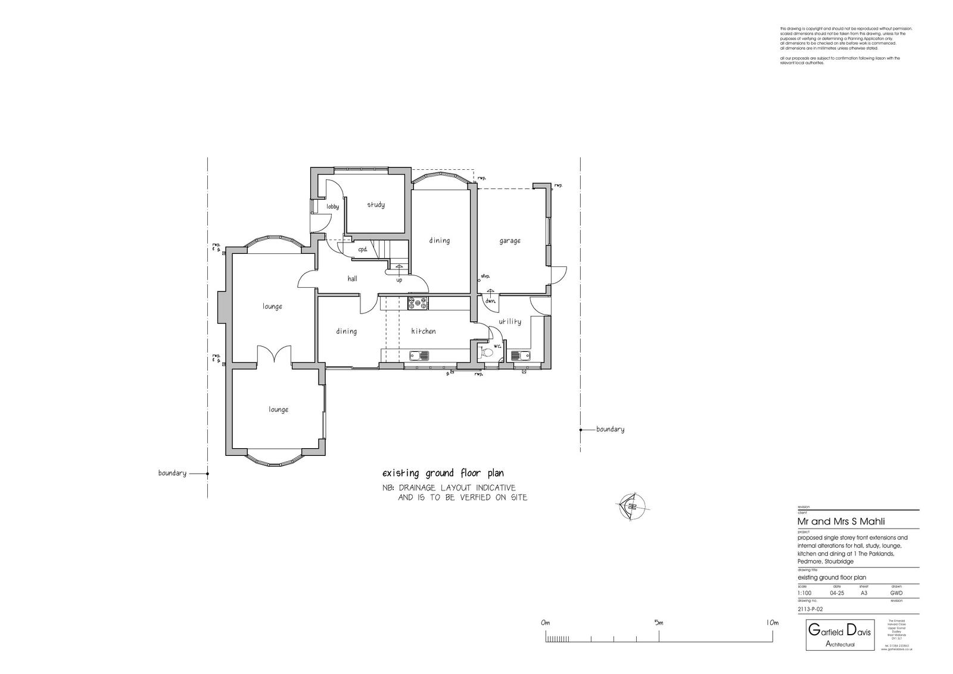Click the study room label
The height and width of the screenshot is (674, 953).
(375, 205)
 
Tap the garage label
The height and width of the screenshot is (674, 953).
(510, 241)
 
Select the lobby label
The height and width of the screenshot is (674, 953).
(332, 207)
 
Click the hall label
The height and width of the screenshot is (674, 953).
(352, 278)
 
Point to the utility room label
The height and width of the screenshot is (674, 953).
(510, 321)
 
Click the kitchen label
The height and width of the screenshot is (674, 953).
(423, 331)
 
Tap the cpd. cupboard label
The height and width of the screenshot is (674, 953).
(363, 250)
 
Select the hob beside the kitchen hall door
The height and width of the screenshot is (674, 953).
(418, 303)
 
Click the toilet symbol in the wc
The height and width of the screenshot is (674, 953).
(488, 352)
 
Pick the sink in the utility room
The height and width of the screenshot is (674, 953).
(521, 356)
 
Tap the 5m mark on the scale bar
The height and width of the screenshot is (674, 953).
(659, 623)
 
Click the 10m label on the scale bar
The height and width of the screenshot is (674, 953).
(771, 623)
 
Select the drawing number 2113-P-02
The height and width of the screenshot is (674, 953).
(810, 609)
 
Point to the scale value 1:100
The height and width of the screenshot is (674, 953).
(804, 594)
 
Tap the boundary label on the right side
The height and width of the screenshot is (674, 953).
(610, 429)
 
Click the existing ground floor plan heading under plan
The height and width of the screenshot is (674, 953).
(443, 474)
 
